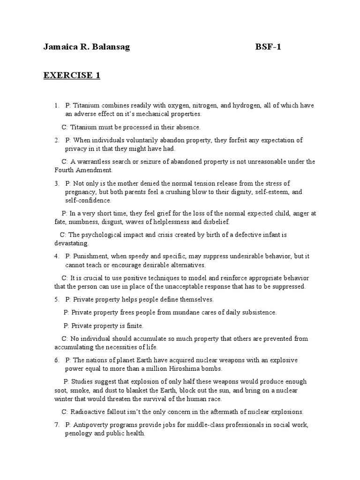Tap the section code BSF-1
[268, 47]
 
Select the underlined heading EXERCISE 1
[72, 75]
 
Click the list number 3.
[56, 183]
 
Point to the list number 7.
[56, 425]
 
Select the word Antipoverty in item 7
[90, 425]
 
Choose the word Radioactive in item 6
[88, 412]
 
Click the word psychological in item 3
[104, 235]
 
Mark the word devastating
[71, 243]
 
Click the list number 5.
[56, 299]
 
